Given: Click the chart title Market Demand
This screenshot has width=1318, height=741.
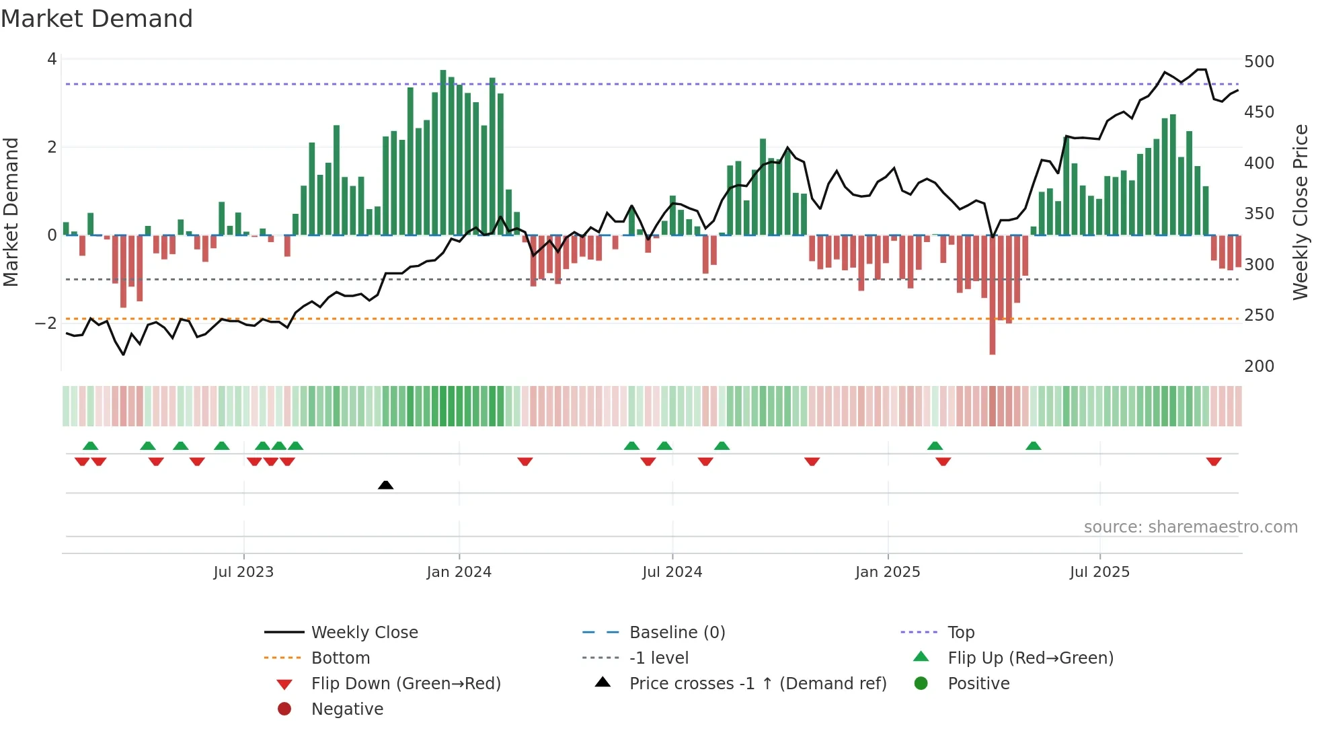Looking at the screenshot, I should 97,19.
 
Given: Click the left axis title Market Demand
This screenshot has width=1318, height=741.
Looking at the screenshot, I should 11,212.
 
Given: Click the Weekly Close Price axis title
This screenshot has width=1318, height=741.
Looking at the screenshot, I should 1301,212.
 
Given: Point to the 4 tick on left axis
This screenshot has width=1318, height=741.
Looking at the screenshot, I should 52,59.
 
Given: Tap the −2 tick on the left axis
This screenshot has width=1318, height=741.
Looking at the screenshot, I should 46,323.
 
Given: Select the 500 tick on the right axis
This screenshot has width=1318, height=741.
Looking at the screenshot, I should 1259,62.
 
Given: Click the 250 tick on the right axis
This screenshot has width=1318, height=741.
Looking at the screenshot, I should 1259,315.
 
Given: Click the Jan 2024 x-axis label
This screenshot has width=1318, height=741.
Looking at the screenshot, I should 459,572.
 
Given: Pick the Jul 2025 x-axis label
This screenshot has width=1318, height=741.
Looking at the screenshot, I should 1099,572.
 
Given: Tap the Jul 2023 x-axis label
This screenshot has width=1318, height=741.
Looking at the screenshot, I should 243,572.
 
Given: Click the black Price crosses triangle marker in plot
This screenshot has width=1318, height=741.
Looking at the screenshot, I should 385,485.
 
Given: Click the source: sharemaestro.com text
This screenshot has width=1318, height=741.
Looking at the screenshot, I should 1190,527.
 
